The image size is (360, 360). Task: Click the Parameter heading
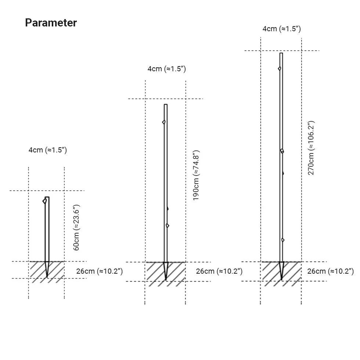[x=51, y=23]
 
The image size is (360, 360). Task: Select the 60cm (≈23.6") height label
[x=76, y=227]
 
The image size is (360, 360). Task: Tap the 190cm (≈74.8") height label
[x=196, y=176]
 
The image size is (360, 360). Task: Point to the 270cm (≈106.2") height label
[x=311, y=148]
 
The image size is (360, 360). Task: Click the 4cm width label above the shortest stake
[x=48, y=150]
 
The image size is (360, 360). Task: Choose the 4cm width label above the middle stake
[x=167, y=69]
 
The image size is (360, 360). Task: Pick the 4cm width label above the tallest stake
[x=282, y=29]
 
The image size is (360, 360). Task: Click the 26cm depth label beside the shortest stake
[x=100, y=271]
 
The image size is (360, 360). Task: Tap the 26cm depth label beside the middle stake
[x=219, y=271]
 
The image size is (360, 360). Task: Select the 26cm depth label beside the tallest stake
[x=330, y=271]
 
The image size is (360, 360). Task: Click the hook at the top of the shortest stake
[x=44, y=201]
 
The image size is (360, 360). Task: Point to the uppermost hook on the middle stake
[x=164, y=122]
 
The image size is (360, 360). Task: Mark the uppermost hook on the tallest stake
[x=280, y=68]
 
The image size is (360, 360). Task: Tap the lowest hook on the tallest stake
[x=283, y=240]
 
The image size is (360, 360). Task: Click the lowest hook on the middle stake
[x=168, y=226]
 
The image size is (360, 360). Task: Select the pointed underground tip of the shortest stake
[x=47, y=277]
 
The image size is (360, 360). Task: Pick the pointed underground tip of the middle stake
[x=166, y=280]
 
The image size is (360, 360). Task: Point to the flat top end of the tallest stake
[x=281, y=53]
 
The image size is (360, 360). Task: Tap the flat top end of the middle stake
[x=166, y=105]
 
